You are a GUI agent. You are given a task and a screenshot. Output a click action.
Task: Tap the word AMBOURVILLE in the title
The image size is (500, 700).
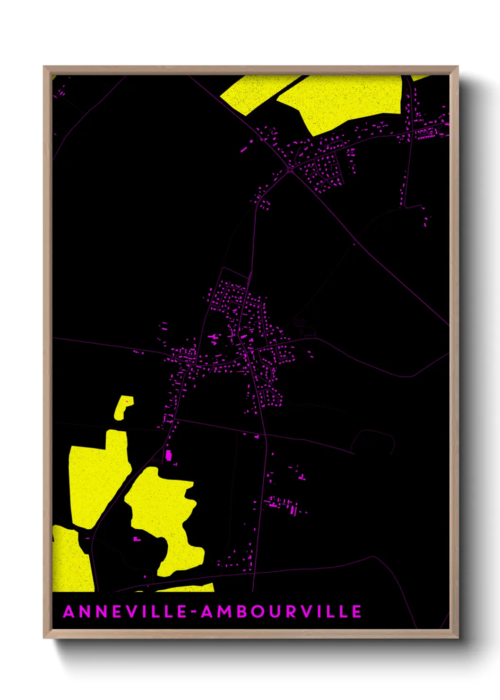(282, 612)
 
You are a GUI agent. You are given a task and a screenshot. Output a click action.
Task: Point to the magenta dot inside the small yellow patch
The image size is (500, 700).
(127, 402)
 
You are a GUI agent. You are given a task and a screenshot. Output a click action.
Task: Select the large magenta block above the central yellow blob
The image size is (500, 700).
(168, 455)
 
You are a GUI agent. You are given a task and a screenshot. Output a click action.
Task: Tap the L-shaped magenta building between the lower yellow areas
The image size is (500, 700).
(137, 539)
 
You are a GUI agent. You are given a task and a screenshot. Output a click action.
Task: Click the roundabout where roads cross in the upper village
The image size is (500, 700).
(289, 169)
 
